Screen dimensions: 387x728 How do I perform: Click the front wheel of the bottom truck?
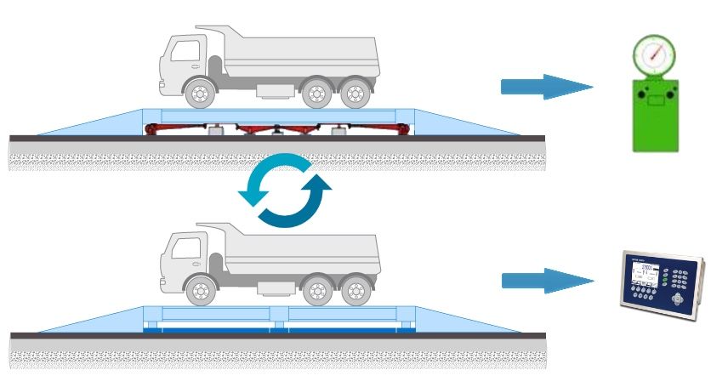coord(201,291)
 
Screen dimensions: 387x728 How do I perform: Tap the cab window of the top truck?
coord(182,51)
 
